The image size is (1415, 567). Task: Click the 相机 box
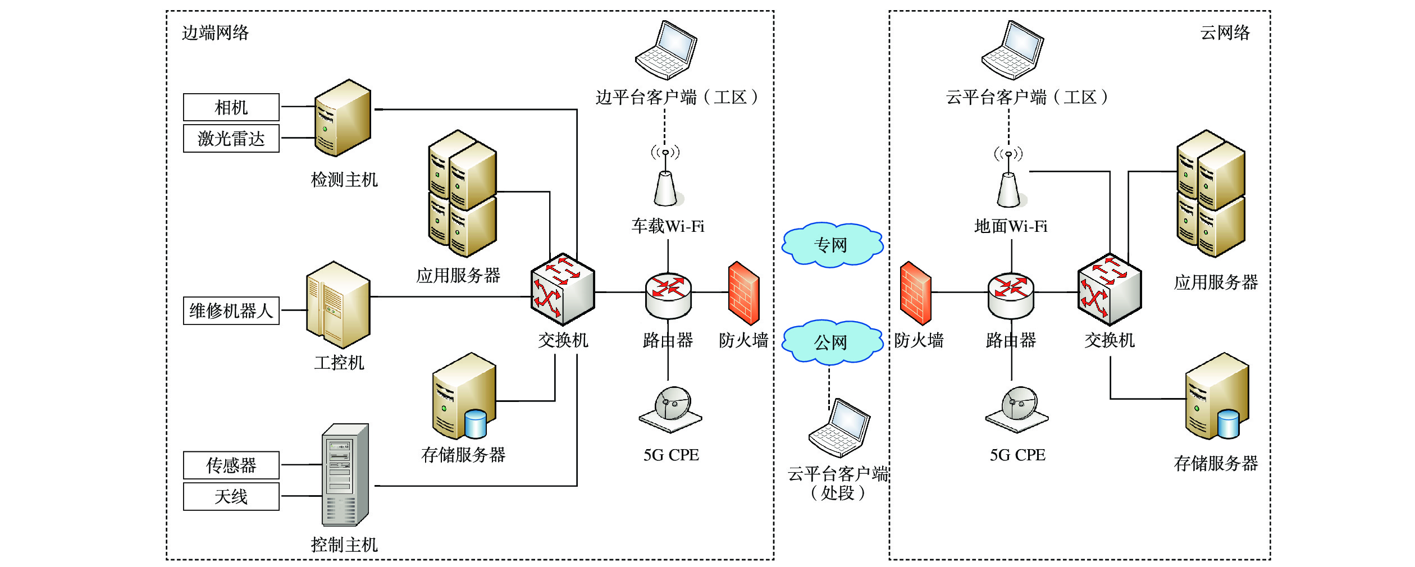(231, 107)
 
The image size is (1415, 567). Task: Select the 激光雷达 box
(231, 139)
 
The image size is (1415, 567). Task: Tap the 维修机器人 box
(231, 310)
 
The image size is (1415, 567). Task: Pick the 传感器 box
(231, 465)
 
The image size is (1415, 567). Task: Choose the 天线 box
(231, 497)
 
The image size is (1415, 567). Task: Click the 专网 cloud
(832, 245)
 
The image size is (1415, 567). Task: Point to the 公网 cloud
(832, 342)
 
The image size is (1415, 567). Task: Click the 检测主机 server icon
(342, 118)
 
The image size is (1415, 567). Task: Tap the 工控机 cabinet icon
(338, 305)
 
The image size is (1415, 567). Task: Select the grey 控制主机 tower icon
(345, 475)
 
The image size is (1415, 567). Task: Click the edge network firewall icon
(743, 293)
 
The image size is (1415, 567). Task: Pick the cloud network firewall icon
(915, 293)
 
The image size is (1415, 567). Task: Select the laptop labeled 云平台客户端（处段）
(839, 428)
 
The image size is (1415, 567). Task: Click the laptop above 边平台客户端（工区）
(666, 51)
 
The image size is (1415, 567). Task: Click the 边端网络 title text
(215, 33)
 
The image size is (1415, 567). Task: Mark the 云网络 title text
(1225, 33)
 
